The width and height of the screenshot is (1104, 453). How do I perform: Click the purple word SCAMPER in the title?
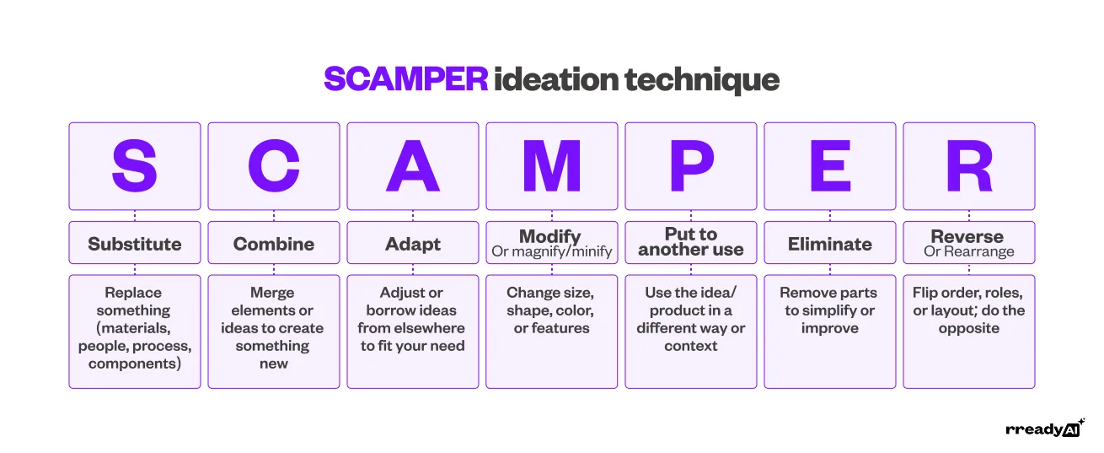(x=406, y=80)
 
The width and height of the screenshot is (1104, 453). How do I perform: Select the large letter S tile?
(x=135, y=166)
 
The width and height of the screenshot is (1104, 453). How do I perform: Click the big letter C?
(x=274, y=166)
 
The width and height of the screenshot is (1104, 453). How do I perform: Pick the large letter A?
(x=413, y=166)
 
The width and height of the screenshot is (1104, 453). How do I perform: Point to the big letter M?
(x=552, y=166)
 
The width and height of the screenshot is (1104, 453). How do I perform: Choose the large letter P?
(x=691, y=166)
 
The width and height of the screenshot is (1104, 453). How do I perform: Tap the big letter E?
(x=830, y=166)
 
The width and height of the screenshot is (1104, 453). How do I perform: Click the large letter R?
(x=968, y=166)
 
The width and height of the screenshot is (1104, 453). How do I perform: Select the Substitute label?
(x=135, y=244)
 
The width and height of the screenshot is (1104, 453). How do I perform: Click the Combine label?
(x=274, y=244)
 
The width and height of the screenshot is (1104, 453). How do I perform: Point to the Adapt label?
(x=413, y=244)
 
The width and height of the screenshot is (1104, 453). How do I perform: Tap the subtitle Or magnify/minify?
(x=552, y=251)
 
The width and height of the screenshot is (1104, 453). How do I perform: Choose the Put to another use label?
(x=691, y=242)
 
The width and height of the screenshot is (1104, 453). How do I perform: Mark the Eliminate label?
(x=830, y=244)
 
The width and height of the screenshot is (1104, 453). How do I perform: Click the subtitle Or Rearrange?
(x=968, y=251)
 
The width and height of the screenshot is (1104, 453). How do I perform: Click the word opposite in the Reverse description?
(x=968, y=328)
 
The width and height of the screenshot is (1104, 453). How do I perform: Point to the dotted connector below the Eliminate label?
(x=830, y=269)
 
